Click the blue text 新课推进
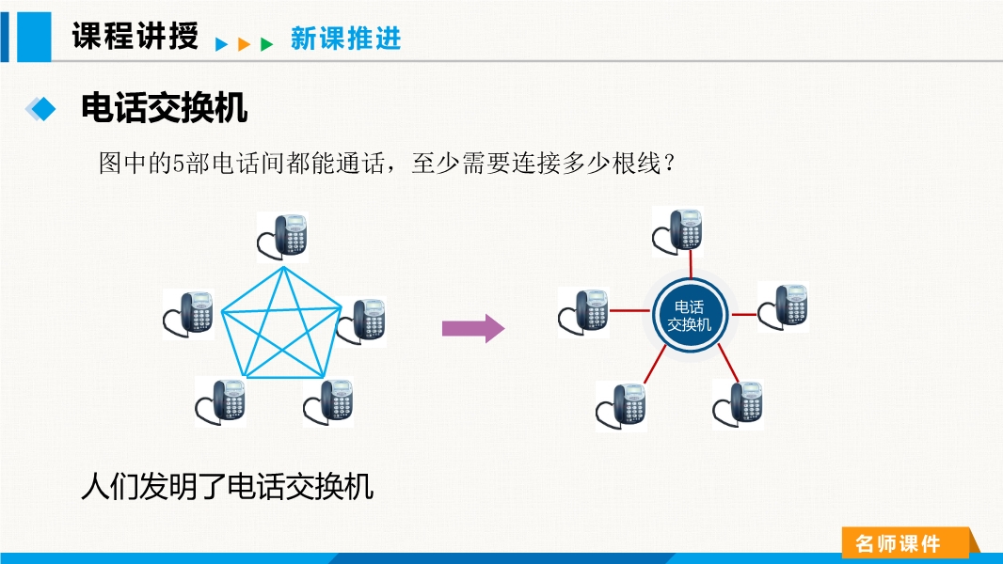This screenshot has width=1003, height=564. coord(345,39)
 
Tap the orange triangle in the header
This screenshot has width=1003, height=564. coord(245,43)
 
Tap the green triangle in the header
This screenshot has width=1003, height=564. coord(267,43)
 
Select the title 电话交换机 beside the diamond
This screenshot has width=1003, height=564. coord(165,108)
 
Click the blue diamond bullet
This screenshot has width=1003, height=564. coord(40,109)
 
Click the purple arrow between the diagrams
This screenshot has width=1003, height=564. coord(473,328)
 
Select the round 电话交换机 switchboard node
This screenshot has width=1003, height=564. coord(690,315)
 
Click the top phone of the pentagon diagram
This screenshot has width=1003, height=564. coord(284,236)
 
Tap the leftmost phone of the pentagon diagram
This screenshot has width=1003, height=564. coord(189,313)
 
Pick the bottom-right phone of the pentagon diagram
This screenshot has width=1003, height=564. coord(328,402)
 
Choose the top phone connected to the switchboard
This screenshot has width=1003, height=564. coord(678,231)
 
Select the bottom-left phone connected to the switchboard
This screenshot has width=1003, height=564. coord(621,404)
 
